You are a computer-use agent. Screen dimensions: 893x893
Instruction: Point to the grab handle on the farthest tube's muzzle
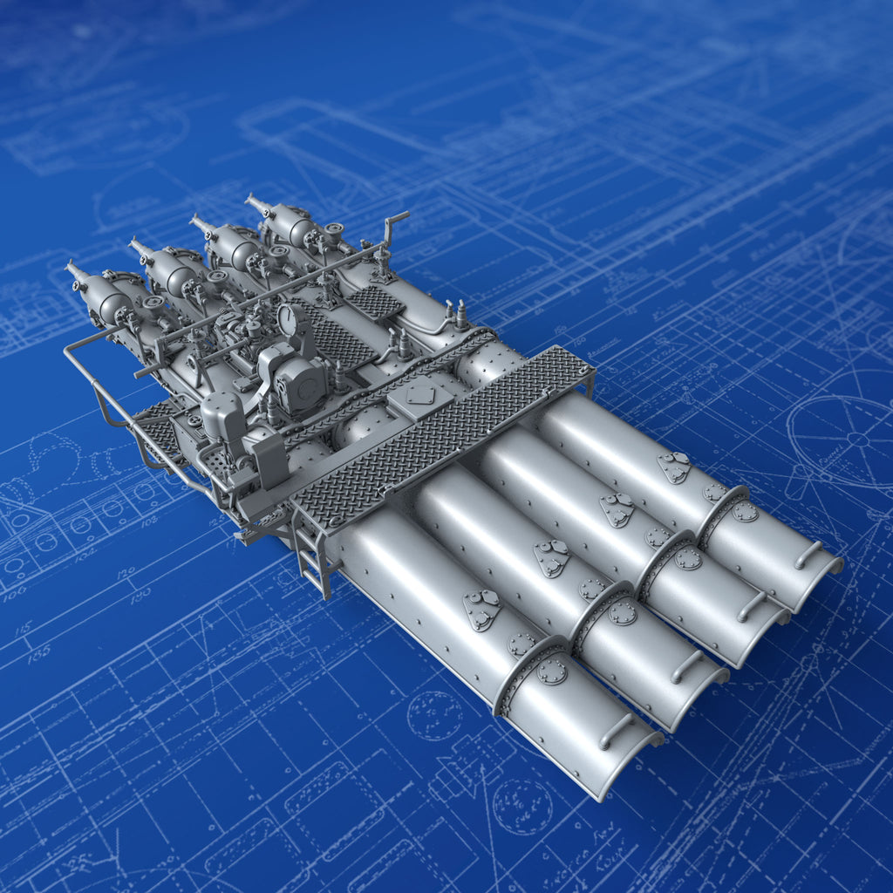(808, 554)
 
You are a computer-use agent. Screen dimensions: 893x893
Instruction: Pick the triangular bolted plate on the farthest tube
(674, 466)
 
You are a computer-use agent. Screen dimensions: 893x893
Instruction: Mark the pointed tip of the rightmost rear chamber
(249, 199)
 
